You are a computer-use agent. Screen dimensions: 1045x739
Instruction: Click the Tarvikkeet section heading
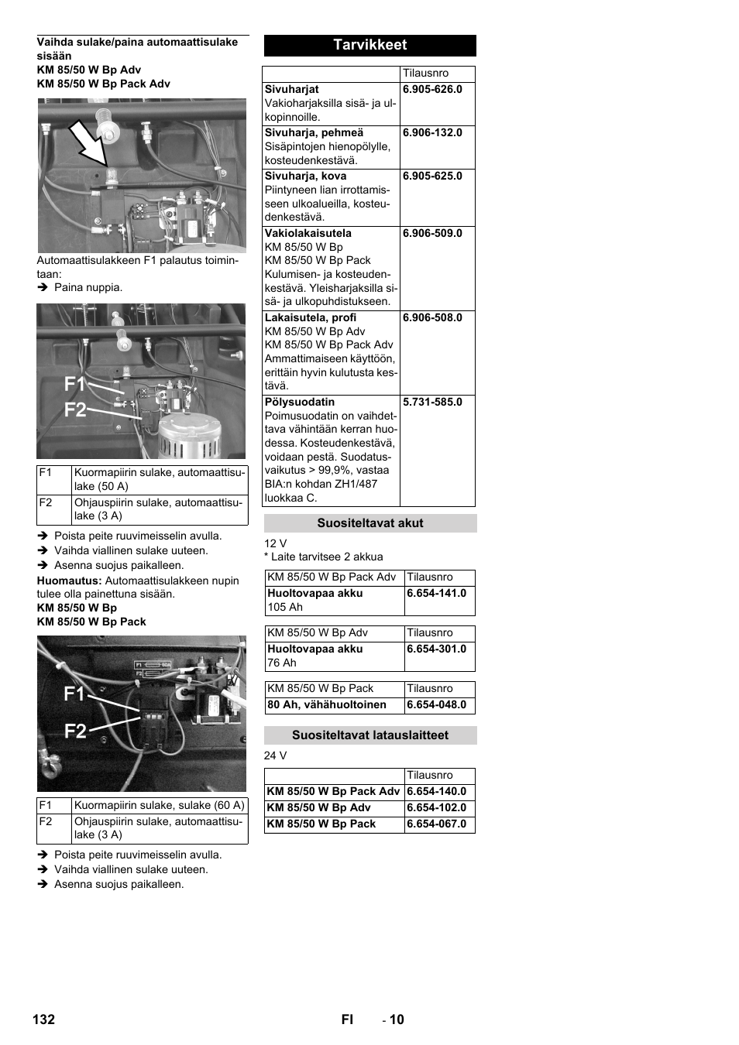369,45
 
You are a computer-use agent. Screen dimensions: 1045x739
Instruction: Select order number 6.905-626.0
432,90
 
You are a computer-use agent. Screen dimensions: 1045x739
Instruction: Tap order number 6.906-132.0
432,133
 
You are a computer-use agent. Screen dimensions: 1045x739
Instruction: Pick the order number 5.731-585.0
432,403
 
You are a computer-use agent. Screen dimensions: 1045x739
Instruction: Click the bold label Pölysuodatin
300,403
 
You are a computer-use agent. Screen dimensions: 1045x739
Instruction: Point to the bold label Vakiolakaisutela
308,234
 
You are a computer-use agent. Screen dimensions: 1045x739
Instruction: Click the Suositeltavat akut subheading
369,523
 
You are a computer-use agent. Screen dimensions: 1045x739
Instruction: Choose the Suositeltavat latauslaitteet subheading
369,735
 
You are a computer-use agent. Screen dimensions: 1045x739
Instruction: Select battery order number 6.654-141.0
436,594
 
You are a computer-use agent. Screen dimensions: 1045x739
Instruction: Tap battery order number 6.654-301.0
436,649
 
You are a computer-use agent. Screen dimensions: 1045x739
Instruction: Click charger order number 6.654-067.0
436,824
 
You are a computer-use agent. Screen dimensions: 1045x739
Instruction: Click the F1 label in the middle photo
74,384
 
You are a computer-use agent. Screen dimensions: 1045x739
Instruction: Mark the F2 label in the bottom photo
75,731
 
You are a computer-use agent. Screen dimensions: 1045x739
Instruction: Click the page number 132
44,1019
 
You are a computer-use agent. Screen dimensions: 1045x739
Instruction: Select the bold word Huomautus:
69,581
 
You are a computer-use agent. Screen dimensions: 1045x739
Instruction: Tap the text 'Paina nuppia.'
88,288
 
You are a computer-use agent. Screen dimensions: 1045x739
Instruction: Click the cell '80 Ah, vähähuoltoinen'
326,705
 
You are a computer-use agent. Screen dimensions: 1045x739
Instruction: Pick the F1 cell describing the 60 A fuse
159,806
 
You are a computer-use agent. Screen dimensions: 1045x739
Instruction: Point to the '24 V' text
275,756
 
